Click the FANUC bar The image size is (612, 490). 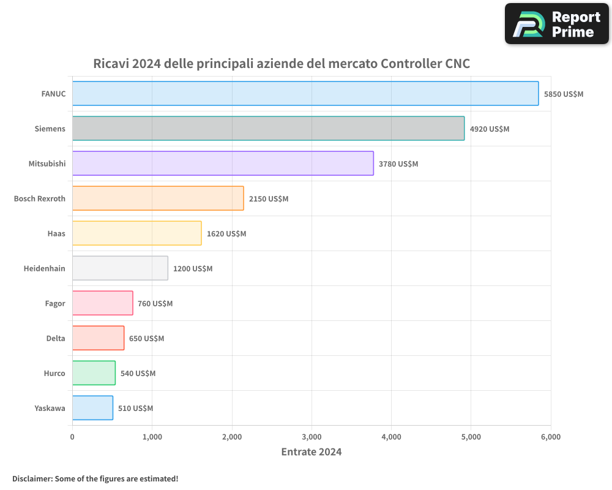click(x=305, y=94)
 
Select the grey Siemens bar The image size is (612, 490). click(x=268, y=129)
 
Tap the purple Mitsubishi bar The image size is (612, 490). click(x=223, y=164)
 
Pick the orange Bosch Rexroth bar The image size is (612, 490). click(x=158, y=198)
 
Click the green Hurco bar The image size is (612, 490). click(x=94, y=373)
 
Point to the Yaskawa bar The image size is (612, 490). click(x=92, y=408)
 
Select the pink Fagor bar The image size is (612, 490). click(x=102, y=303)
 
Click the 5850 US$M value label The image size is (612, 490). click(x=564, y=94)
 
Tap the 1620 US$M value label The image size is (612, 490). click(x=226, y=233)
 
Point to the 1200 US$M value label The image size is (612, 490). click(x=193, y=268)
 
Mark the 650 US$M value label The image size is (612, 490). click(x=146, y=338)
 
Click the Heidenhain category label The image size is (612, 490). click(x=44, y=268)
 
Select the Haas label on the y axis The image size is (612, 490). click(x=56, y=233)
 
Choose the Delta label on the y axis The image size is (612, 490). click(x=56, y=338)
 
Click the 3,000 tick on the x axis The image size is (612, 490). click(x=312, y=437)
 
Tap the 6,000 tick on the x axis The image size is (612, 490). click(x=550, y=437)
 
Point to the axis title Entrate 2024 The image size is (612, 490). click(x=311, y=452)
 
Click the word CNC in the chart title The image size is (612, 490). click(x=457, y=63)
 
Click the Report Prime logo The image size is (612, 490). click(x=557, y=24)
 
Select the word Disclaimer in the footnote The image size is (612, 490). click(x=32, y=478)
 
